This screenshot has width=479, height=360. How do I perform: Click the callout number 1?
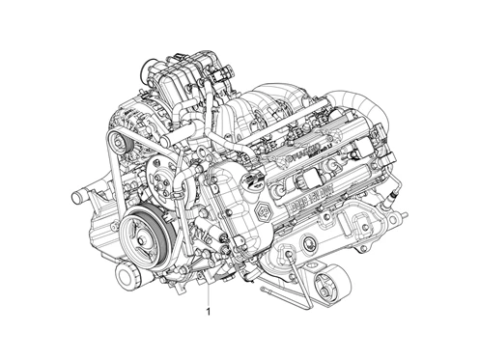(x=206, y=313)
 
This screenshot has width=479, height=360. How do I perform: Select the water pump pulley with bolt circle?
(x=163, y=180)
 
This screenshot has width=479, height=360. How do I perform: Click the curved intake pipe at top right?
(x=362, y=100)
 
